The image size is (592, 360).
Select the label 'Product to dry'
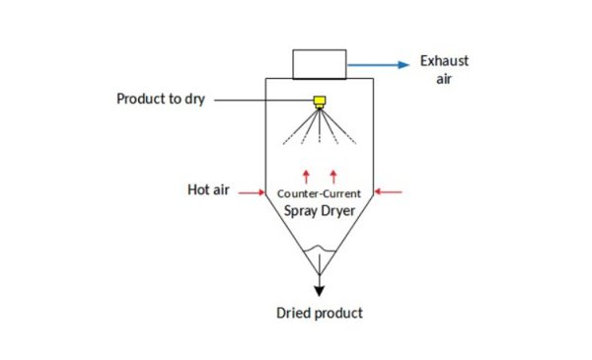(161, 100)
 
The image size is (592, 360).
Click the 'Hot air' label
(208, 189)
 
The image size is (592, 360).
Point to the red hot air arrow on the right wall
(390, 193)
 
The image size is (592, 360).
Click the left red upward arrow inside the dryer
(306, 176)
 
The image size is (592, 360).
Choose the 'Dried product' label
(320, 314)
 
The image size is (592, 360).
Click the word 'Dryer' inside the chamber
(338, 211)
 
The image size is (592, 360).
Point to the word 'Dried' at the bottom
(293, 314)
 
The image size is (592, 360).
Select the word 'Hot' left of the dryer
(197, 189)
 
